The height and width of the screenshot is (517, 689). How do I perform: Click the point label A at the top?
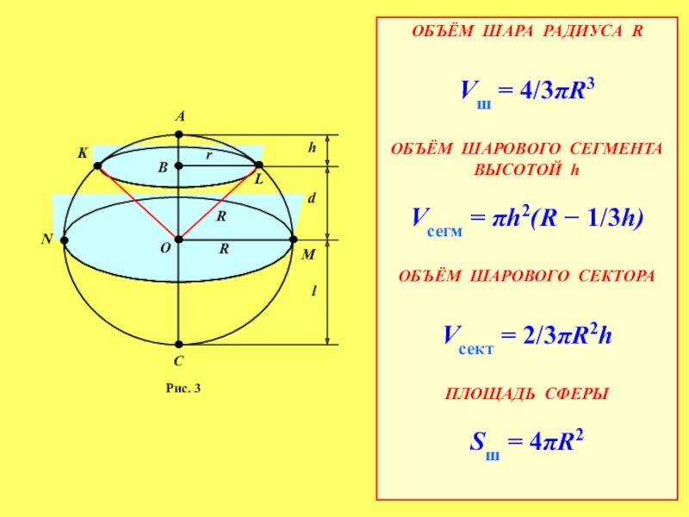tap(180, 116)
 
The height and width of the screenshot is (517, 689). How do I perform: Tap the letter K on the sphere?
tap(83, 153)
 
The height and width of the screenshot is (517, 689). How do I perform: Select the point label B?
tap(161, 169)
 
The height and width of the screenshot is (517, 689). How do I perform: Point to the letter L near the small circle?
tap(258, 178)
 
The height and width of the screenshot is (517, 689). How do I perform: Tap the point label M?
tap(307, 256)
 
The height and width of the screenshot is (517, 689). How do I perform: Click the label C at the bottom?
tap(179, 363)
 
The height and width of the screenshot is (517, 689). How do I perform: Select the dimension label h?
tap(313, 148)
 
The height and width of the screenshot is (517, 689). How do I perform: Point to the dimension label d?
tap(312, 199)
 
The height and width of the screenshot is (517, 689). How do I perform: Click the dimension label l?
tap(313, 292)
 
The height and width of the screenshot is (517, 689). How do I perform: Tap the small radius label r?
tap(208, 156)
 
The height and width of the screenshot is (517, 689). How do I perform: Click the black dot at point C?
tap(178, 344)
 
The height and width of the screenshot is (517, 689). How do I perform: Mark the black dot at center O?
tap(178, 239)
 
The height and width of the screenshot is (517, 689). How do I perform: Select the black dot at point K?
tap(97, 165)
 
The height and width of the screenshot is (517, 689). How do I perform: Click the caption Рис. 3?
tap(183, 389)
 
